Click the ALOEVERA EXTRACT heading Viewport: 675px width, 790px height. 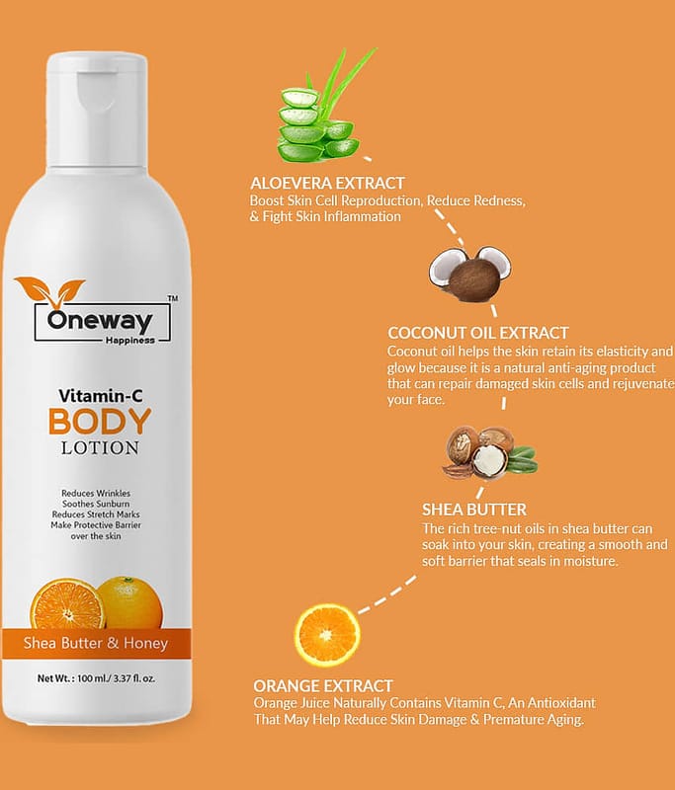(328, 183)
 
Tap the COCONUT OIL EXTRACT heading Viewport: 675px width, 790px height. (478, 333)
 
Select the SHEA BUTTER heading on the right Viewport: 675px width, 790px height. (474, 510)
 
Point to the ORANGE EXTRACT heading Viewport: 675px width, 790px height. (322, 685)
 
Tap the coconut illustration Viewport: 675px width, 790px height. (469, 275)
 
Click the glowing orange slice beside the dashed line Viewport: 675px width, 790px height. (327, 634)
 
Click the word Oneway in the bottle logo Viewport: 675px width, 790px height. (100, 320)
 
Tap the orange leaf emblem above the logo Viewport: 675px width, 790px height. (49, 290)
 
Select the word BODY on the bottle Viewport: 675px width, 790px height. (100, 422)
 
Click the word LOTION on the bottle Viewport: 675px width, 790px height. (100, 448)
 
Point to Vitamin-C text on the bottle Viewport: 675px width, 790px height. (101, 396)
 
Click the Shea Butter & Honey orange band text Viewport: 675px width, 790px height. (95, 643)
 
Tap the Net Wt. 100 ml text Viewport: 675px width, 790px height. (96, 678)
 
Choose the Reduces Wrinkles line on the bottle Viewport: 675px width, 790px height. (96, 493)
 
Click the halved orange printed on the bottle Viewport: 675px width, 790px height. (66, 603)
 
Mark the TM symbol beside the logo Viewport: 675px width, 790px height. (172, 298)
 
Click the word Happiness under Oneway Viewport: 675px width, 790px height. (130, 341)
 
